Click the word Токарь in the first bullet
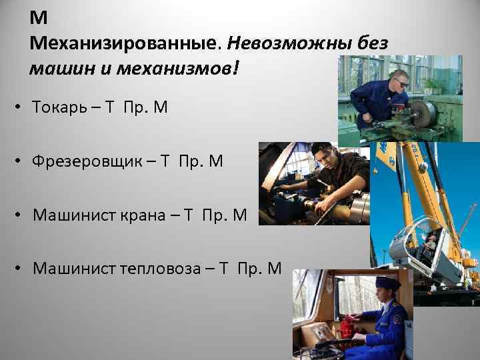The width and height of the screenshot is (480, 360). point(59,107)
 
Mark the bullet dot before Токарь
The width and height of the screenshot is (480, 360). point(21,107)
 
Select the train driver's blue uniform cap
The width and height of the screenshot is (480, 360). point(387,283)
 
